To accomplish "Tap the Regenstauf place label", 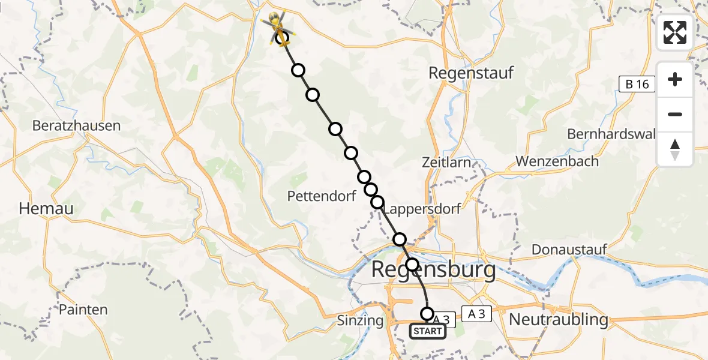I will pos(471,73).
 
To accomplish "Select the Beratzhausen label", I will pos(76,126).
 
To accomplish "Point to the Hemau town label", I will pos(46,209).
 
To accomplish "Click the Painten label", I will pos(83,310).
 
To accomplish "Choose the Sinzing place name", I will pos(359,320).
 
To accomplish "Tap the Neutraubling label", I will pos(558,319).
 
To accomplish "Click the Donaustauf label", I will pos(569,249).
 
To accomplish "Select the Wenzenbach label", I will pos(557,161).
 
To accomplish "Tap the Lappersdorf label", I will pos(422,209).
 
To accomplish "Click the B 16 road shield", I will pos(637,84).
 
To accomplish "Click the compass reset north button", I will pos(675,149).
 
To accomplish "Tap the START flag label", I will pos(428,331).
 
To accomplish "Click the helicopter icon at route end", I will pos(278,25).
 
